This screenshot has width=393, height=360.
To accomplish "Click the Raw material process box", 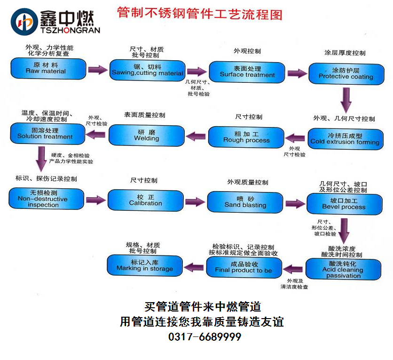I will click(48, 68).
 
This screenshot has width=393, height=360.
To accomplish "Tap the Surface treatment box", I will click(247, 72).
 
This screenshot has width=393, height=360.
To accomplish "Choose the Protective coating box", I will click(346, 73).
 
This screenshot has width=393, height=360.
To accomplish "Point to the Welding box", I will click(146, 136).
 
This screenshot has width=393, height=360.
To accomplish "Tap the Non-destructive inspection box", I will click(46, 199).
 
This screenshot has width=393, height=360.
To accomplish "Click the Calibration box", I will click(145, 200).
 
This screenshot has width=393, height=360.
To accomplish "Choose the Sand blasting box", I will click(245, 202).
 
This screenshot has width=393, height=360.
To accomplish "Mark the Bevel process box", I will click(344, 204).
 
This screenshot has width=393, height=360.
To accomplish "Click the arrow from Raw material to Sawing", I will click(98, 70).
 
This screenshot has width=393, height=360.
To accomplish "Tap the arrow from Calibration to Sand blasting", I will click(195, 202).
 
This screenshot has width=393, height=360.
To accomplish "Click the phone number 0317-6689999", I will click(204, 337).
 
